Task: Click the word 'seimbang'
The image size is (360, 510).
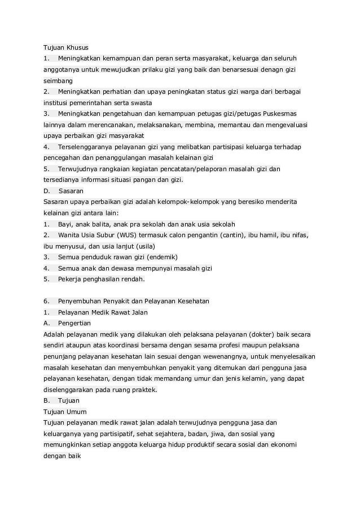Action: pos(58,81)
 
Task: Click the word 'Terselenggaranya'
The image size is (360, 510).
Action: pos(85,147)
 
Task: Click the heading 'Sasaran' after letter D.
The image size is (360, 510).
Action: pos(71,191)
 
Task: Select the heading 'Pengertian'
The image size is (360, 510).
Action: pos(74,323)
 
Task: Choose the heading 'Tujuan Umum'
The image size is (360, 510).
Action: pos(65,412)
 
